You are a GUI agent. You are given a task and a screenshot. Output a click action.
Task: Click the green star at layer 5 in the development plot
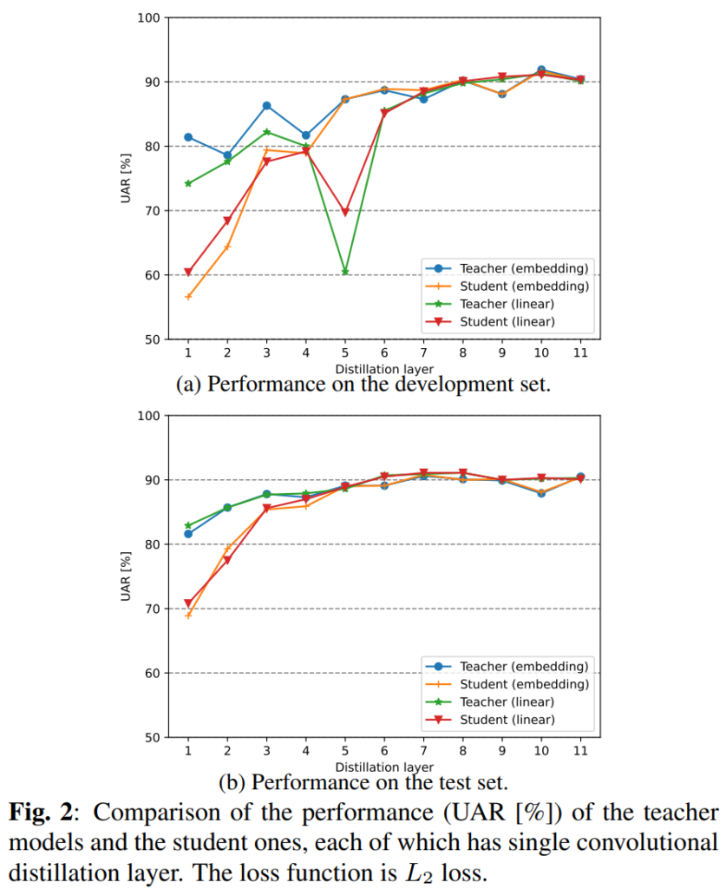pos(344,272)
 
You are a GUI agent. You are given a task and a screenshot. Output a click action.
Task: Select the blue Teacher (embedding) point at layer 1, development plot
pos(188,137)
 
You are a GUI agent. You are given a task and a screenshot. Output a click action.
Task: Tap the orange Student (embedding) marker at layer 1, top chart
pos(188,297)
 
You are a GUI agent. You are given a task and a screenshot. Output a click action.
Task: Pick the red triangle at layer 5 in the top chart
pos(344,213)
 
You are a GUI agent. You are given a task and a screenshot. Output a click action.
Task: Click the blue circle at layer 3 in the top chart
pos(266,106)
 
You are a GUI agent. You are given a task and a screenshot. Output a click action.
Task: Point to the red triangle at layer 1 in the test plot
pos(188,603)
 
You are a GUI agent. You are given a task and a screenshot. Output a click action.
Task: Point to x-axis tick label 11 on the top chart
pos(579,353)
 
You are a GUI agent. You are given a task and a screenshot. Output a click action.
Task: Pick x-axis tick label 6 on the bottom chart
pos(384,752)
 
